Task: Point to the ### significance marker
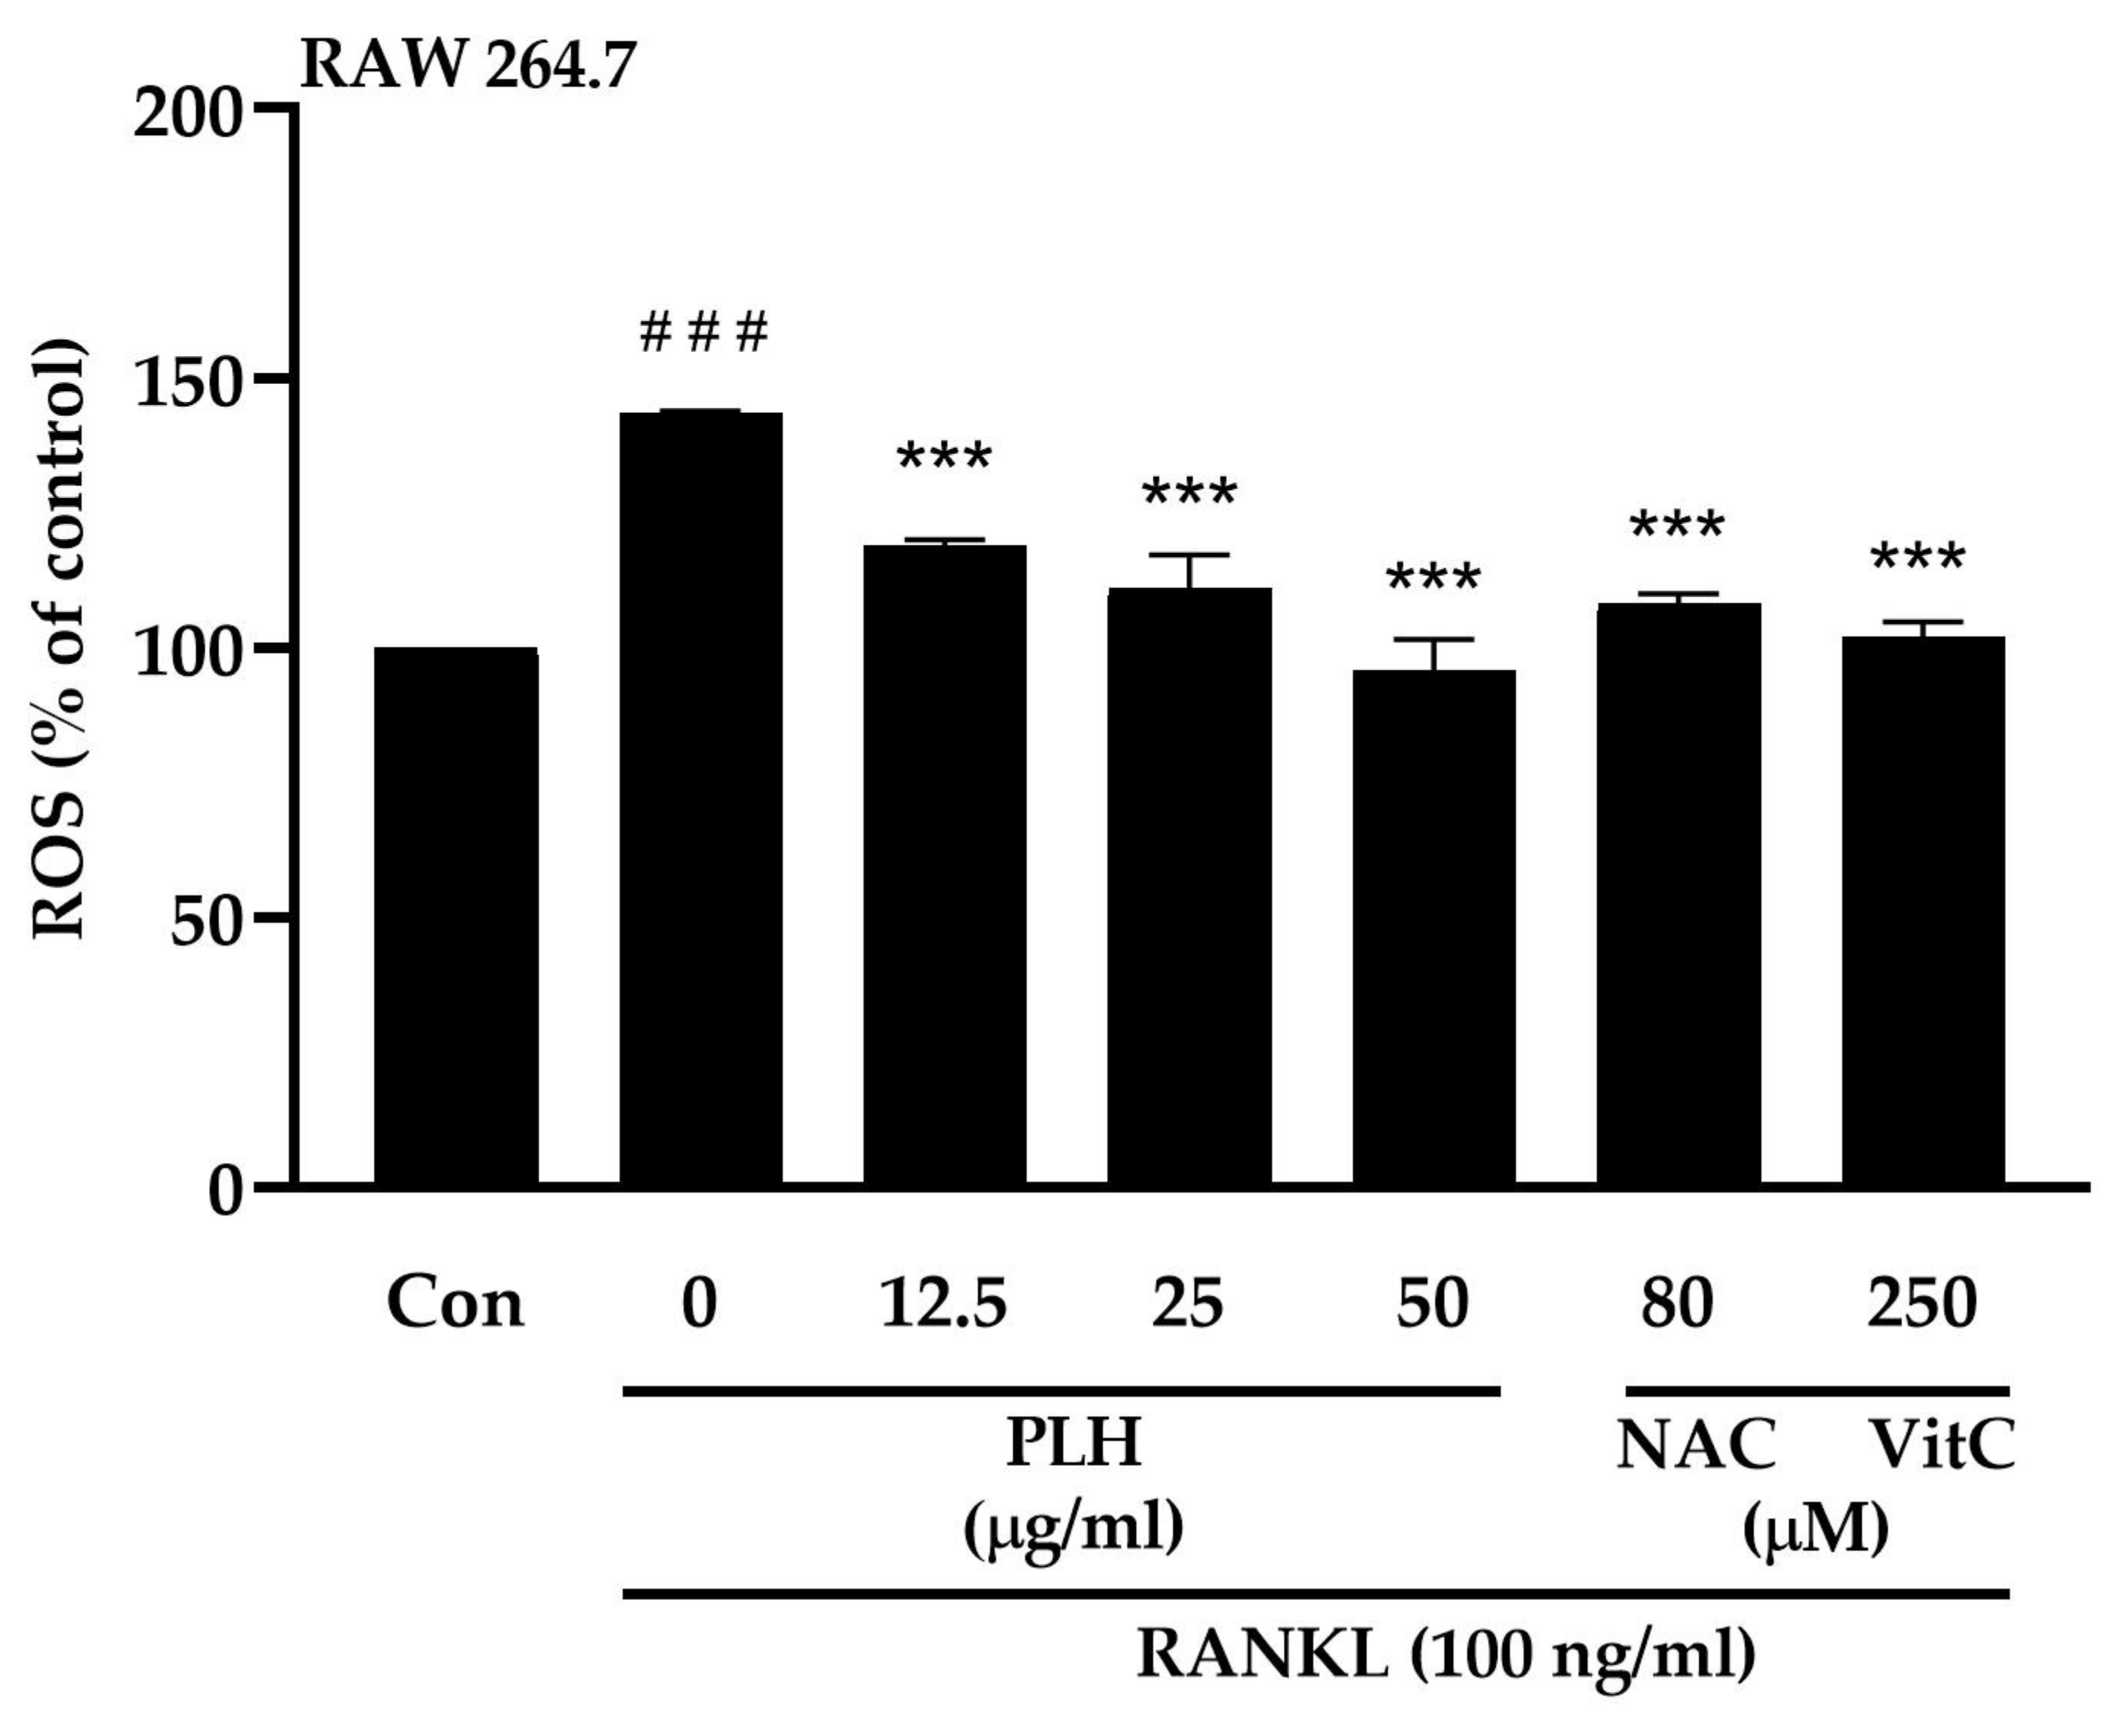coord(703,333)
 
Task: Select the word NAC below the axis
coord(1696,1445)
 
